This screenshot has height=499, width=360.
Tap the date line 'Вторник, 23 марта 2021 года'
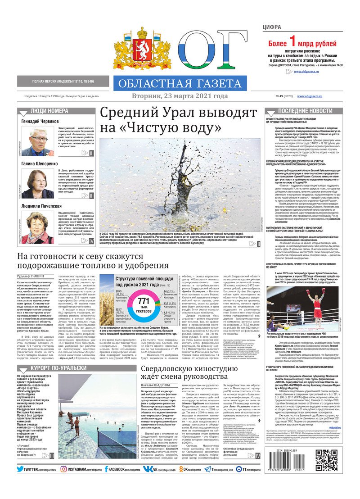click(x=180, y=96)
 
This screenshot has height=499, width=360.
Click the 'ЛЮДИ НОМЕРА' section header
click(x=56, y=111)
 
